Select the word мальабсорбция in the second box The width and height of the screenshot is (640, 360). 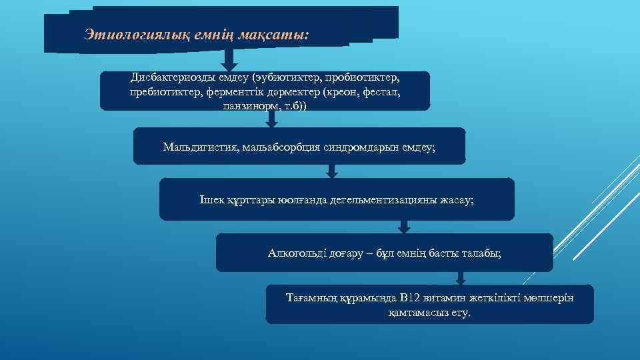point(276,146)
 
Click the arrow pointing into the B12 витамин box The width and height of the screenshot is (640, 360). point(460,278)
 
